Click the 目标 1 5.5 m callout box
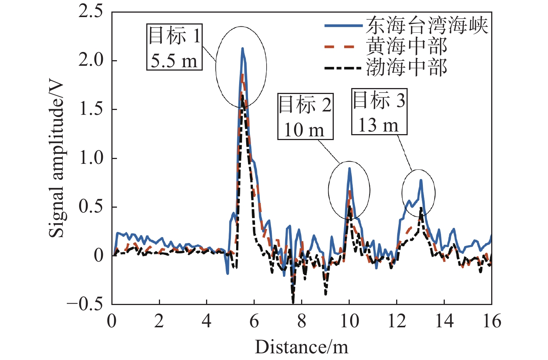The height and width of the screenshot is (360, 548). [174, 47]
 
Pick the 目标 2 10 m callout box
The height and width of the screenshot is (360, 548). [305, 117]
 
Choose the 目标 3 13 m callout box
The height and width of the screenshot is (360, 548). [379, 112]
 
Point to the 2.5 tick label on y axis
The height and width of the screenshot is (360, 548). [91, 12]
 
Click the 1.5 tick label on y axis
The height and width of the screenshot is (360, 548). [91, 109]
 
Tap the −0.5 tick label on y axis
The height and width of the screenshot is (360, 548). [85, 304]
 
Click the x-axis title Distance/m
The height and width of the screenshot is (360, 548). [301, 347]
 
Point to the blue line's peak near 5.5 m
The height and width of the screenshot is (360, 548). [242, 48]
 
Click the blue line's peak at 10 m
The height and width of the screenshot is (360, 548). [349, 168]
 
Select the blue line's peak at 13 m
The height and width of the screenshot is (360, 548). [421, 180]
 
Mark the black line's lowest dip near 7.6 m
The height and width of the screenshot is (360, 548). [293, 303]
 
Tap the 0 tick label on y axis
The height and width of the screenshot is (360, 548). [99, 255]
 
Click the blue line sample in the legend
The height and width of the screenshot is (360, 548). [343, 26]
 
